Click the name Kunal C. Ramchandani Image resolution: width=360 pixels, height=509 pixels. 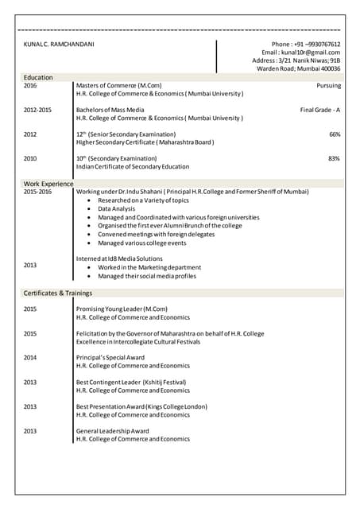(x=59, y=44)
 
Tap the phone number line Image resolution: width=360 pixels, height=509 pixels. (x=306, y=44)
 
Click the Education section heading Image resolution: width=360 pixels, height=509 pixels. (x=38, y=77)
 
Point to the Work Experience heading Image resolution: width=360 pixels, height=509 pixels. (x=48, y=184)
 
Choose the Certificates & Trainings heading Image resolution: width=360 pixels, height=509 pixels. (x=57, y=293)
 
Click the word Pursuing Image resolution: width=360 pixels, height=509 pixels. (x=328, y=85)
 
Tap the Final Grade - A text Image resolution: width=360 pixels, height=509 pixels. (x=320, y=109)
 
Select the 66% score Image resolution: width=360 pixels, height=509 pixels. (x=334, y=134)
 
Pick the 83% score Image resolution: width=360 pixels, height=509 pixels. (x=334, y=158)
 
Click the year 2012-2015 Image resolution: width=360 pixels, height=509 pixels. (x=37, y=109)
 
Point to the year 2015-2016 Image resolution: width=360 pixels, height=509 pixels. (x=37, y=192)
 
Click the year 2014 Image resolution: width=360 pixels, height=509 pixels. (x=29, y=358)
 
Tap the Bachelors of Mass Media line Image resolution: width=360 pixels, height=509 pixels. (x=110, y=109)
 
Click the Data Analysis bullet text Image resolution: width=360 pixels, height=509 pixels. (x=117, y=208)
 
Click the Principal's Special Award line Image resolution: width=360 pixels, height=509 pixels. (x=110, y=358)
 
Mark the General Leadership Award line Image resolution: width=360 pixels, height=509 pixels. (x=112, y=430)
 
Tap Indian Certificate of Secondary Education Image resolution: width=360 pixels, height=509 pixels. (x=132, y=167)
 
